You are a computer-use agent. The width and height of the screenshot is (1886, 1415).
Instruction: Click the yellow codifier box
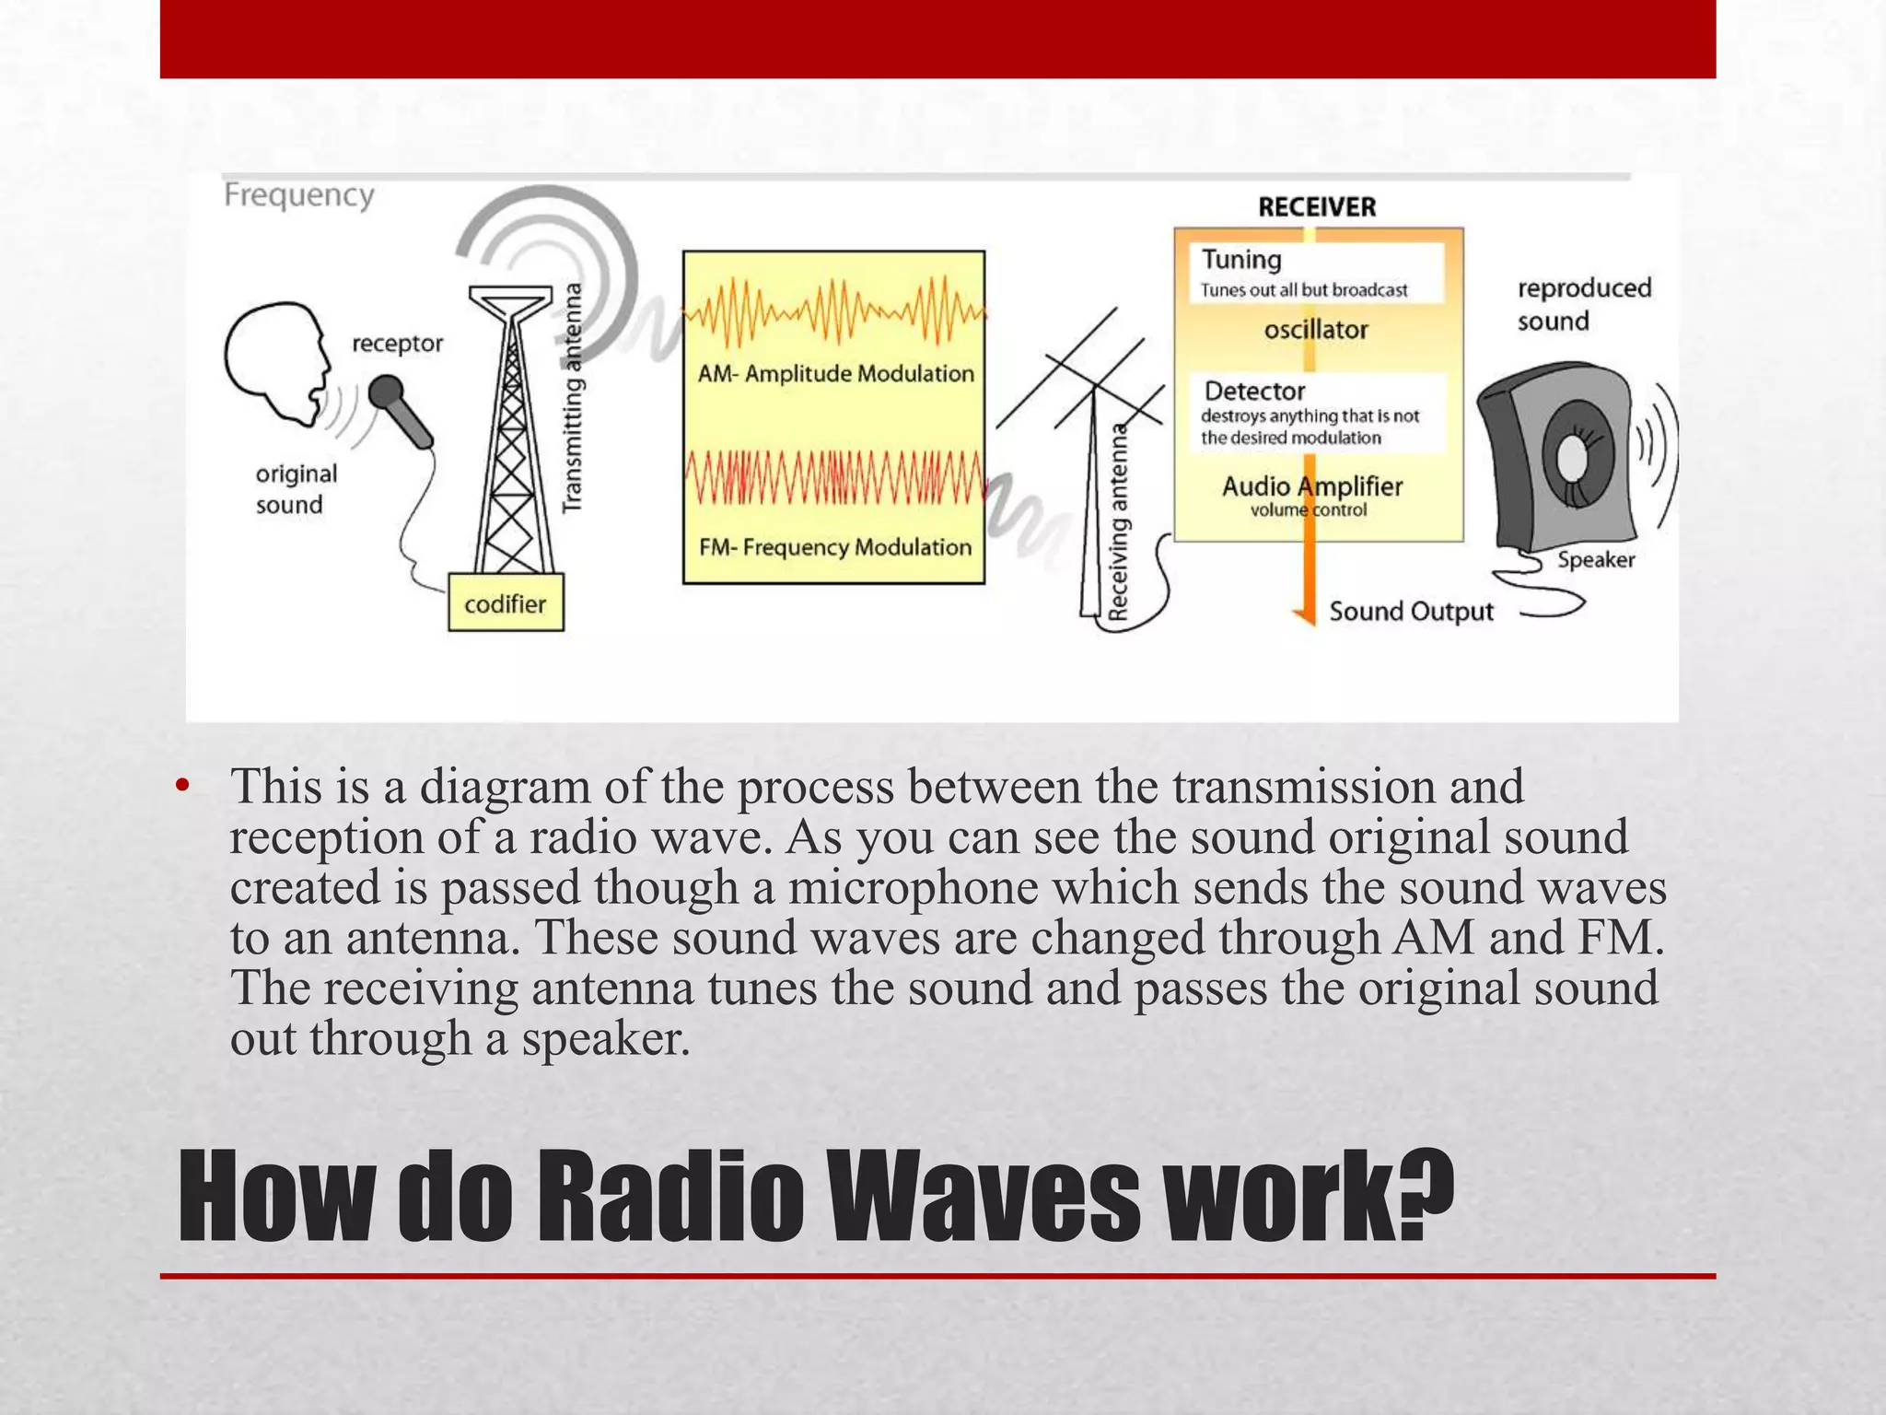[506, 603]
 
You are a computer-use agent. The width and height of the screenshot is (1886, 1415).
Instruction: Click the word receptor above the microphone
[397, 344]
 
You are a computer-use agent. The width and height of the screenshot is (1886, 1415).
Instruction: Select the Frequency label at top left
[299, 195]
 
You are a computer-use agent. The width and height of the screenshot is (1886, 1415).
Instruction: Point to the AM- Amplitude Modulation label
[835, 373]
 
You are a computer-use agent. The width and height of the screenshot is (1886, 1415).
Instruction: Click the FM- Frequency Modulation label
[834, 547]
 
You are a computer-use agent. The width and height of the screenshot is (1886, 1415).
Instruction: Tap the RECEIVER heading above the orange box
[1317, 207]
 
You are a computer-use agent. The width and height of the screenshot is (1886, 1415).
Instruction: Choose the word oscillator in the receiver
[1316, 330]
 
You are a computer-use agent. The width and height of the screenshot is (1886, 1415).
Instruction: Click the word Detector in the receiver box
[1254, 392]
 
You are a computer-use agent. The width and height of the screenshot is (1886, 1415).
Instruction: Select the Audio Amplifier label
[1311, 486]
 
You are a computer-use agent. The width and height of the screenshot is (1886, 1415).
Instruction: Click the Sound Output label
[1411, 612]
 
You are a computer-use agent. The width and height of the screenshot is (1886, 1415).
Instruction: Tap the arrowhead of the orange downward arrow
[1304, 615]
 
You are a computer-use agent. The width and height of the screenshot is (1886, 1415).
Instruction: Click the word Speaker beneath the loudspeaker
[1596, 560]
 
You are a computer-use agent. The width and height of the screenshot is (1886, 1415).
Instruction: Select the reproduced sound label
[1584, 304]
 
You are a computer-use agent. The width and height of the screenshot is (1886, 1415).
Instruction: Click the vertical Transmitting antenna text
[573, 396]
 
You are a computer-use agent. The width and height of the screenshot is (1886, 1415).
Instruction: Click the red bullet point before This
[182, 786]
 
